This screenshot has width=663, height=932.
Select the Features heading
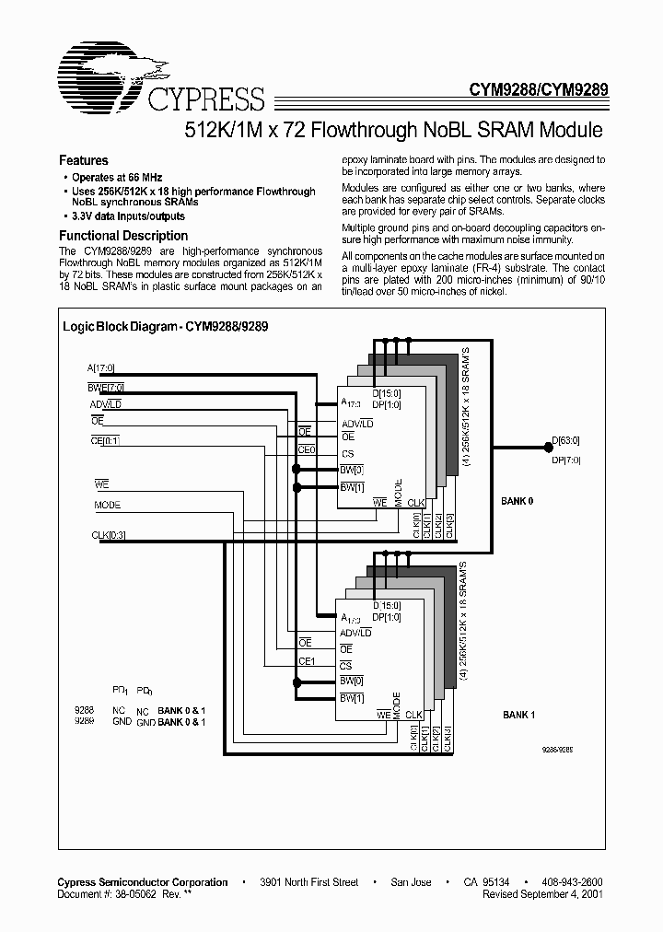[84, 159]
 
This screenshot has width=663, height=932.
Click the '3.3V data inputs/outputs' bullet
[128, 216]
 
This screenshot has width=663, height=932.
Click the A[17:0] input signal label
[99, 368]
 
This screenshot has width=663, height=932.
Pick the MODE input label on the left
[107, 505]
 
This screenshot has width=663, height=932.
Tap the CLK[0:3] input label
[109, 535]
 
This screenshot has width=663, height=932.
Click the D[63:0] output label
[566, 440]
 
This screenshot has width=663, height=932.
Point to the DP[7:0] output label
[566, 459]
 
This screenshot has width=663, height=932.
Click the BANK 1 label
[519, 715]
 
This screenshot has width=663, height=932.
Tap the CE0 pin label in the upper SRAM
[306, 450]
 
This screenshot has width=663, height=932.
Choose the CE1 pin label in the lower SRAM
[307, 660]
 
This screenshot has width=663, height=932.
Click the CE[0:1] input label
[105, 440]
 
